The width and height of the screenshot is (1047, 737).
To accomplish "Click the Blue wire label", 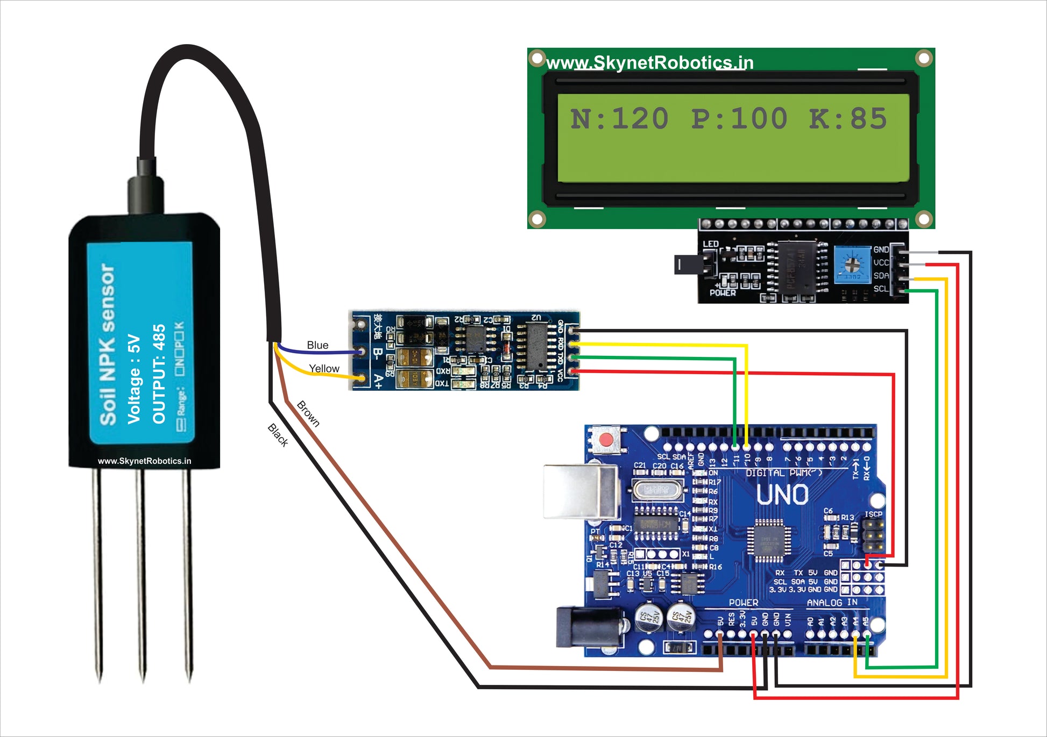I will coord(317,345).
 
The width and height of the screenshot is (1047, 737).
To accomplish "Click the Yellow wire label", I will coord(324,369).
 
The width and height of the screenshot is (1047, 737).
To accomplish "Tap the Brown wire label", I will coord(308,413).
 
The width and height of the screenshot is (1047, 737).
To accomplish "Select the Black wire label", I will coord(278,435).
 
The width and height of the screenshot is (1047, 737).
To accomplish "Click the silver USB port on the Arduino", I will coord(581,492).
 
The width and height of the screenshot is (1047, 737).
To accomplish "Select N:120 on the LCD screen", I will coord(619,119).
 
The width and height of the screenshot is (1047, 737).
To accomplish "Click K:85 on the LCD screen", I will coord(847,119).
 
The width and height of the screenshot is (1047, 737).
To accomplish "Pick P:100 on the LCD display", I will coord(739,119).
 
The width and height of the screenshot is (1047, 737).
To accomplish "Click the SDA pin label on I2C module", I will coord(881,276).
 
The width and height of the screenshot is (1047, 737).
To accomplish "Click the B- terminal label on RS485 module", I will coord(378,353).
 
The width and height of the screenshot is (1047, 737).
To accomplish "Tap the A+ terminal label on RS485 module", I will coord(378,381).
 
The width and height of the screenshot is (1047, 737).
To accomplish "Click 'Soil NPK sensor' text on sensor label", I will coord(108,344).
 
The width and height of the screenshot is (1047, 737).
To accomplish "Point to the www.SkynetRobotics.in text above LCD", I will coord(649,63).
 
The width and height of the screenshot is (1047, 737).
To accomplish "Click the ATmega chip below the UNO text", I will coord(768,540).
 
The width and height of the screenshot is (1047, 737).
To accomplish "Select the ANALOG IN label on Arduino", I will coord(832,603).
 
